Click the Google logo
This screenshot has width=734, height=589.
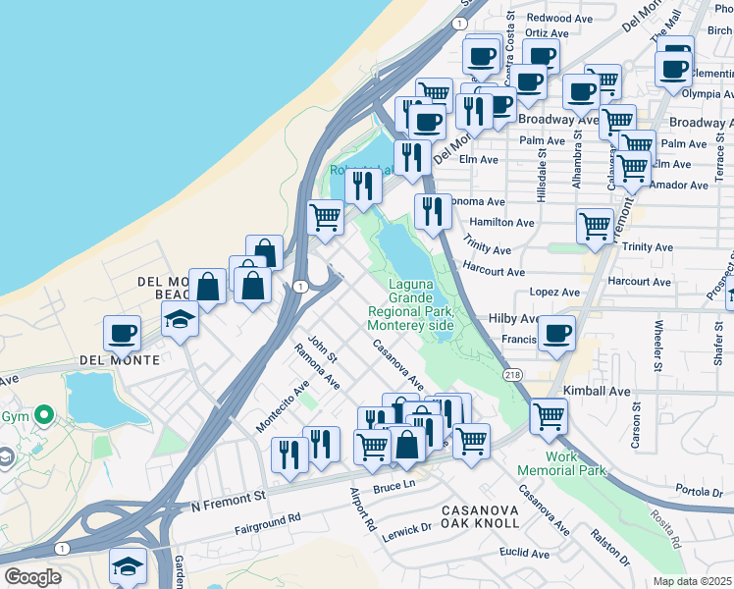pos(33,577)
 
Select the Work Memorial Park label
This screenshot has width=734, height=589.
pos(561,463)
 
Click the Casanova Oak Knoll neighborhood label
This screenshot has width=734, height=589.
pos(480,516)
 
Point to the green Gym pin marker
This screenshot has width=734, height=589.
pos(42,415)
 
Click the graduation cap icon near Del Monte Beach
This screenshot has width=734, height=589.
pos(180,319)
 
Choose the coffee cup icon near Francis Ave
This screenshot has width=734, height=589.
pos(557,334)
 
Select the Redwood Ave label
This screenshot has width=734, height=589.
pos(559,18)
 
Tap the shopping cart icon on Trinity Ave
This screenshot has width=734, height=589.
pos(595,226)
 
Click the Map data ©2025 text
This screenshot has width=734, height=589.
pos(693,581)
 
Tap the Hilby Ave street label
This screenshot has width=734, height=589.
pos(513,319)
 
